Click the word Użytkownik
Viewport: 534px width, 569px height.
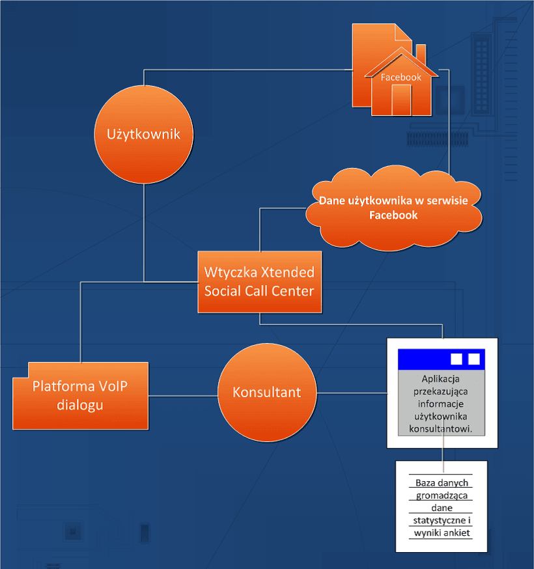pos(143,134)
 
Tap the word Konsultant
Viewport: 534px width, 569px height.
pos(267,392)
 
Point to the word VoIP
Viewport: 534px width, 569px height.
pos(109,385)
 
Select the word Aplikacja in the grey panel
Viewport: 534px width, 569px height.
pos(441,379)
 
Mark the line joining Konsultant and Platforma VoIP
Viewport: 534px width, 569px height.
pos(183,395)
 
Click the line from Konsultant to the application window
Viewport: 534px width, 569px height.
pos(352,393)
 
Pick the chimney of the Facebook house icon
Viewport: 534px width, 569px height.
pos(421,53)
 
